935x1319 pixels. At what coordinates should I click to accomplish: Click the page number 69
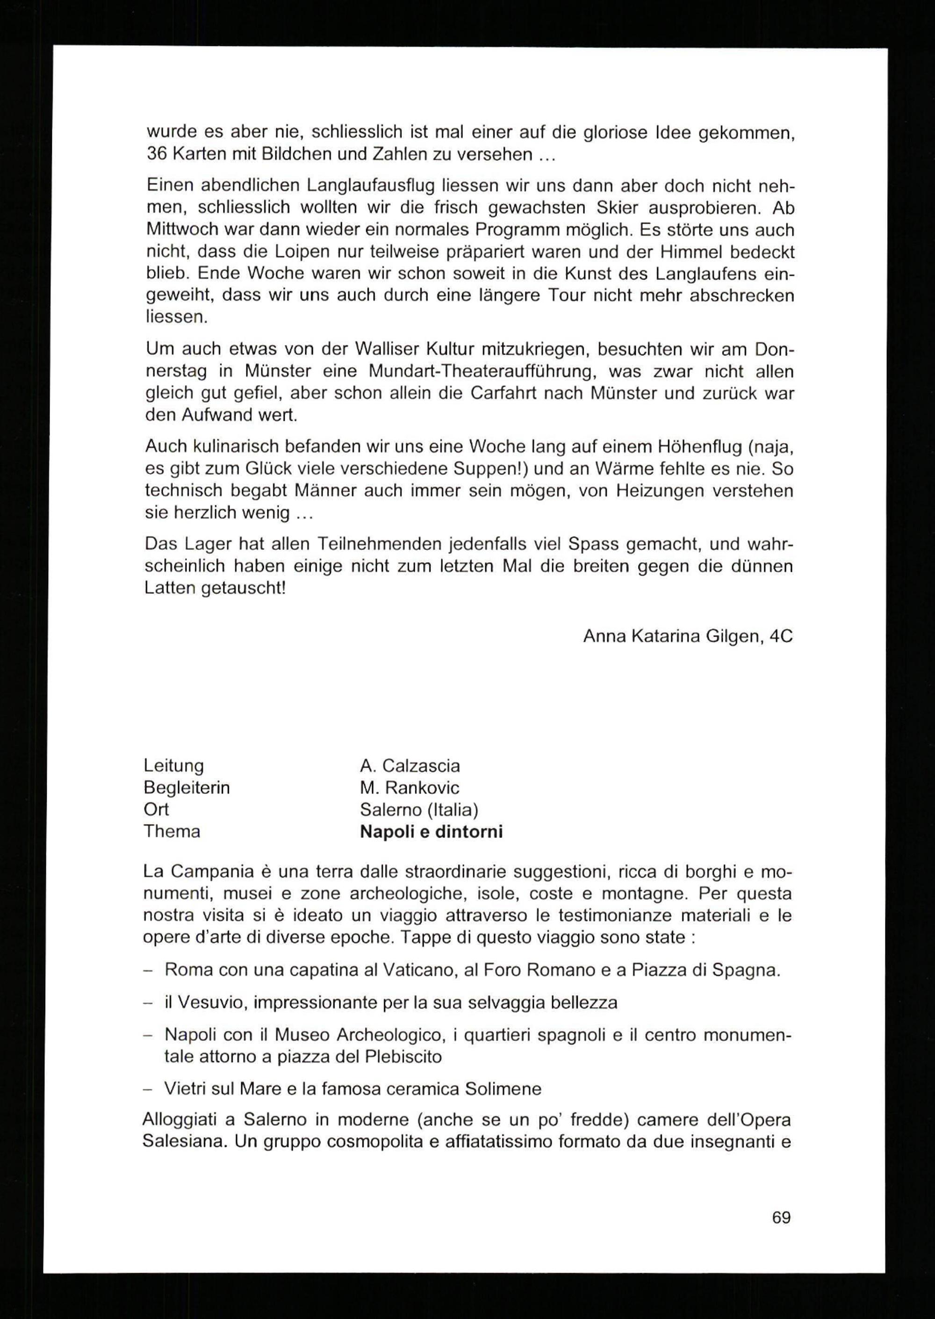pos(781,1217)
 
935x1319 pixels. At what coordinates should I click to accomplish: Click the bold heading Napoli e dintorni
pos(431,831)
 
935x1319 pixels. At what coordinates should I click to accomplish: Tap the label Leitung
pos(174,766)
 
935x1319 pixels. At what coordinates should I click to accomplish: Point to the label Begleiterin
pos(187,787)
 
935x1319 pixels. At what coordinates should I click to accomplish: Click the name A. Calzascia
pos(410,766)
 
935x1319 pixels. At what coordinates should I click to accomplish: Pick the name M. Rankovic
pos(410,787)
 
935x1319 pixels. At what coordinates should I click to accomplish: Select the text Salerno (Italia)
pos(419,809)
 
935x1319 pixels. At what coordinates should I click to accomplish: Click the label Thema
pos(172,831)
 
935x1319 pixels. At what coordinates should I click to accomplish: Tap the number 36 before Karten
pos(157,155)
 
